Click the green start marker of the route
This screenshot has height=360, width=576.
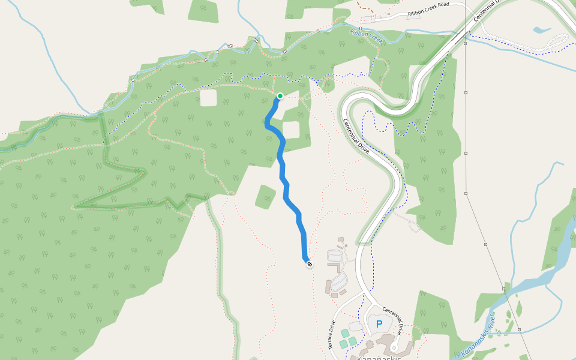(x=280, y=96)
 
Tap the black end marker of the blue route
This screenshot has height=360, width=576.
(x=309, y=264)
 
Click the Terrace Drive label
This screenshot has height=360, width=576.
(x=332, y=337)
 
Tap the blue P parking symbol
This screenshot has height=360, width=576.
(x=379, y=324)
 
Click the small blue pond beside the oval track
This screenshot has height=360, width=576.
(x=541, y=29)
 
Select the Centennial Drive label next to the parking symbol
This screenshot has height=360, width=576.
(x=396, y=318)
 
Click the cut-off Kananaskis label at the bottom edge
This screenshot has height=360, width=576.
(x=378, y=358)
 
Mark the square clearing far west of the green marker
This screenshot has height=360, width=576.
(x=208, y=98)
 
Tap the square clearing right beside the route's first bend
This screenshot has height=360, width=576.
(x=290, y=130)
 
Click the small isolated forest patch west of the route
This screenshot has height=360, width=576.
(x=265, y=197)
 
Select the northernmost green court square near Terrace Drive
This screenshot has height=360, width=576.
(x=345, y=333)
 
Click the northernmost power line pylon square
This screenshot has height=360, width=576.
(x=465, y=43)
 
